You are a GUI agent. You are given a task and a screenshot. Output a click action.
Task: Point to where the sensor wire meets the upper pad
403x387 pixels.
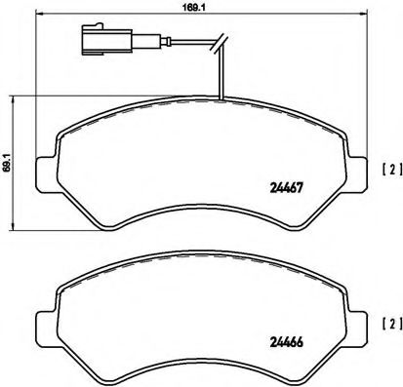[222, 101]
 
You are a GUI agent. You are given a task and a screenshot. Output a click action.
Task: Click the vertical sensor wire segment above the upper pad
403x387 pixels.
[222, 73]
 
